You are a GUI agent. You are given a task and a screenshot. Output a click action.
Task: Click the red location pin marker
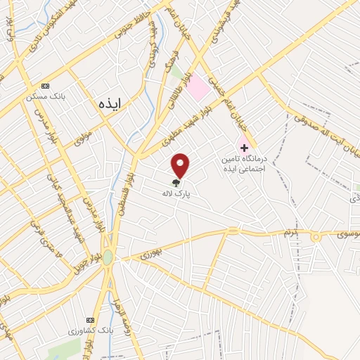pyautogui.click(x=181, y=165)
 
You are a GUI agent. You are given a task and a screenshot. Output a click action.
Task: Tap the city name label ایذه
pyautogui.click(x=110, y=103)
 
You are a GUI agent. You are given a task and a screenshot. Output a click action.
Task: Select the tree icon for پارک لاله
pyautogui.click(x=175, y=180)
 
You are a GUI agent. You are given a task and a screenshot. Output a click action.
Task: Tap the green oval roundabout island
pyautogui.click(x=108, y=257)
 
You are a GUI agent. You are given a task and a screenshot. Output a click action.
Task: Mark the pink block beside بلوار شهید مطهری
pyautogui.click(x=199, y=87)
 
